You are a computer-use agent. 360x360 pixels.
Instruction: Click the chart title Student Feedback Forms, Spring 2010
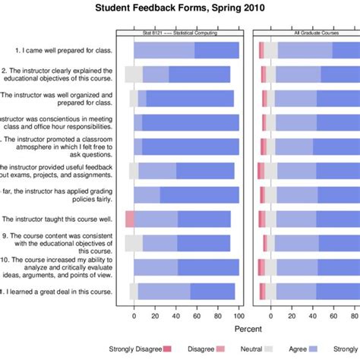click(x=179, y=8)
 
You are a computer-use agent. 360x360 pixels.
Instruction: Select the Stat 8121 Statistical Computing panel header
click(x=179, y=33)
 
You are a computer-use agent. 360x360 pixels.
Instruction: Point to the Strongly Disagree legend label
click(x=135, y=349)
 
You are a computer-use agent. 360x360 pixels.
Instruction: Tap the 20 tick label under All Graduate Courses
click(x=292, y=316)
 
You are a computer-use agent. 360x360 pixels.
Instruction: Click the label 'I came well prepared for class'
click(x=65, y=50)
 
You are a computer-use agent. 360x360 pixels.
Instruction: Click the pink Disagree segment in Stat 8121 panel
click(x=130, y=219)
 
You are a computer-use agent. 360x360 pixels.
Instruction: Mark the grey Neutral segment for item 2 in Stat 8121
click(x=134, y=74)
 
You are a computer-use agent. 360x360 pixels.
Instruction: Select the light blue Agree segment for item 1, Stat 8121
click(x=164, y=50)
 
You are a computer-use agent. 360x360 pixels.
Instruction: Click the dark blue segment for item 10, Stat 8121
click(x=208, y=267)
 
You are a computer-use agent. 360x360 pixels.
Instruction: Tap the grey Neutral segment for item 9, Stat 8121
click(x=134, y=243)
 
